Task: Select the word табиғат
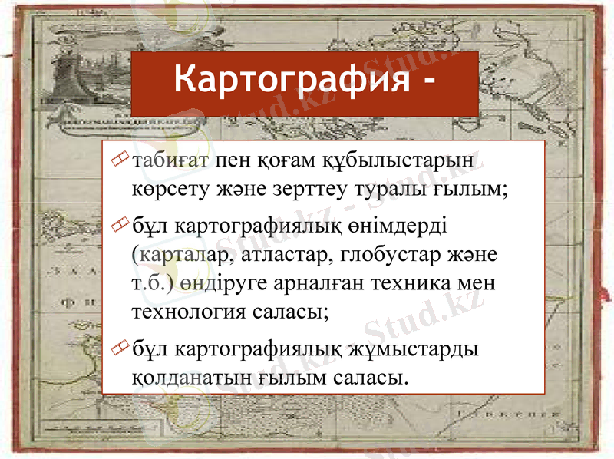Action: (x=170, y=162)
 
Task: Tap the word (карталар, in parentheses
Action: (x=178, y=255)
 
